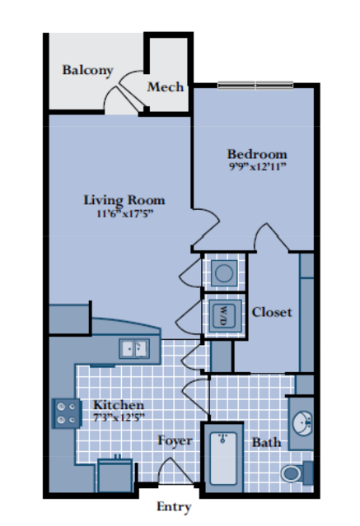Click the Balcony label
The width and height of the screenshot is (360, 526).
pos(87,71)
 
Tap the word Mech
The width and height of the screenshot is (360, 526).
pos(166,87)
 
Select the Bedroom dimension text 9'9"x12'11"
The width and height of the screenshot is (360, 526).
pos(258,166)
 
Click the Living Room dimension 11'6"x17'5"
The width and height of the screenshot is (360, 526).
pos(125,213)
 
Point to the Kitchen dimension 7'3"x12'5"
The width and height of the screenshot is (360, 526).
pos(119,417)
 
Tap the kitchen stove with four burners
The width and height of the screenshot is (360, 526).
pos(67,413)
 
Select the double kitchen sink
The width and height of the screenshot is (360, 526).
pos(134,348)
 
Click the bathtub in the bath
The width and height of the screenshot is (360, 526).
pos(223,458)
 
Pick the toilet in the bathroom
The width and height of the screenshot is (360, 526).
pos(297,473)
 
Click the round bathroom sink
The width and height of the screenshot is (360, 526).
pos(302,423)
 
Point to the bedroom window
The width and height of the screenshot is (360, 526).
pos(255,86)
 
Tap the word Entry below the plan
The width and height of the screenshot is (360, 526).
pos(174,506)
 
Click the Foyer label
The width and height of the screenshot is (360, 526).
pos(175,440)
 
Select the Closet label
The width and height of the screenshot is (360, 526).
pos(272,312)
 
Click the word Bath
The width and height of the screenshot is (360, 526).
pos(266,442)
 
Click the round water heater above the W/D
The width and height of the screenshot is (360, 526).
pos(224,272)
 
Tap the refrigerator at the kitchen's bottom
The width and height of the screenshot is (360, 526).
pos(115,476)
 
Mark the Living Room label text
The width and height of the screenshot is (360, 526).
pos(124,200)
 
